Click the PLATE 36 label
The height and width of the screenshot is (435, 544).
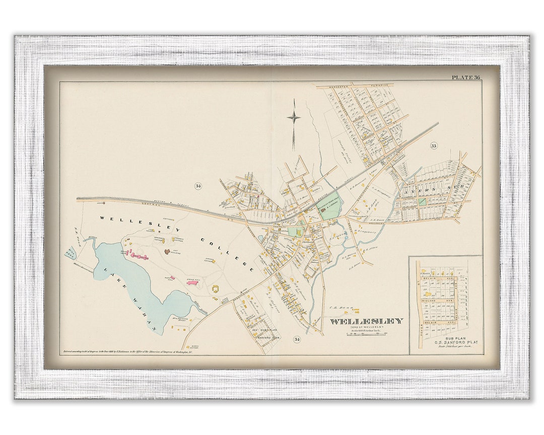click(x=465, y=77)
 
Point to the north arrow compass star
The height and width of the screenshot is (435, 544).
click(x=294, y=118)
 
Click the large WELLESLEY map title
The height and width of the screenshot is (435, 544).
click(x=366, y=321)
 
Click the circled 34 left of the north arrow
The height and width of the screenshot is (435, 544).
click(x=198, y=186)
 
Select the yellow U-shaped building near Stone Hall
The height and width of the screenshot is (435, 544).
click(x=216, y=288)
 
